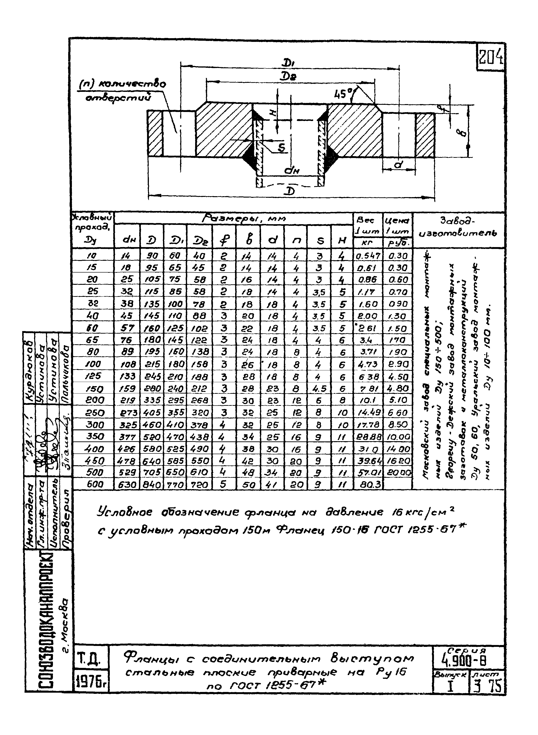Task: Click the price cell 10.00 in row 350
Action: click(x=398, y=437)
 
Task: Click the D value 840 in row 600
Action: click(x=152, y=485)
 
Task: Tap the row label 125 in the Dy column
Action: click(x=93, y=376)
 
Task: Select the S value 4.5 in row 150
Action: click(x=319, y=388)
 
